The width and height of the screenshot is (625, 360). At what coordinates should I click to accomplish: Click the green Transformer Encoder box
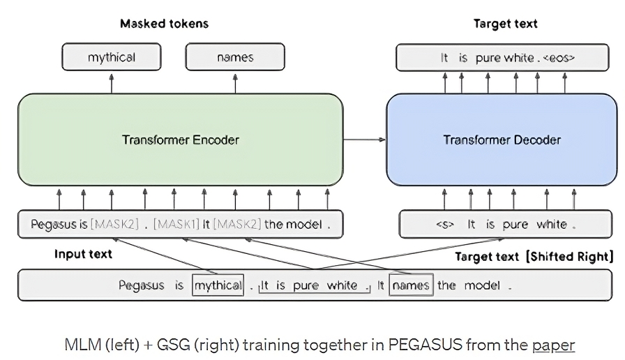(180, 140)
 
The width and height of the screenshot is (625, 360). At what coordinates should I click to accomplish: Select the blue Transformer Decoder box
(502, 140)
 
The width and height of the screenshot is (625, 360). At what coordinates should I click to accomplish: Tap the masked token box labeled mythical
(112, 57)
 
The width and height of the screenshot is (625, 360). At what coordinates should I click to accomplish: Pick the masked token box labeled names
(235, 57)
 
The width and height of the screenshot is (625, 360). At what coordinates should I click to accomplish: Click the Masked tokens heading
(164, 24)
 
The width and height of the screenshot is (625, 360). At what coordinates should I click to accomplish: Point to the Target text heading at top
(506, 24)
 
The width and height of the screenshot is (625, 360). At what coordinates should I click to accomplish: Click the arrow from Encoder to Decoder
(365, 140)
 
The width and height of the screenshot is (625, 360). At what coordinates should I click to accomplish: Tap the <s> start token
(444, 225)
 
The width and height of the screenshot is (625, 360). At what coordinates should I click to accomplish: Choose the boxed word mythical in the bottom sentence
(218, 285)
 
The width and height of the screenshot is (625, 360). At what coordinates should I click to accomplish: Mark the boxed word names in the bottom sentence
(411, 285)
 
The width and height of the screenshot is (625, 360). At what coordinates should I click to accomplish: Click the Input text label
(83, 254)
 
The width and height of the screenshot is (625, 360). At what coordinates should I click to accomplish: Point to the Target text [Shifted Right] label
(534, 256)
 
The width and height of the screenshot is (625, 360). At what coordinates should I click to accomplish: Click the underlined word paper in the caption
(553, 344)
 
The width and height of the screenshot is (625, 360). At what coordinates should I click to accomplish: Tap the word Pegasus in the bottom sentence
(142, 285)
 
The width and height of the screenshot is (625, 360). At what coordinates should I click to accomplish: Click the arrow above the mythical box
(112, 82)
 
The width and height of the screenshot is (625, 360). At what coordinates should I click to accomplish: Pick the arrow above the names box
(235, 82)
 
